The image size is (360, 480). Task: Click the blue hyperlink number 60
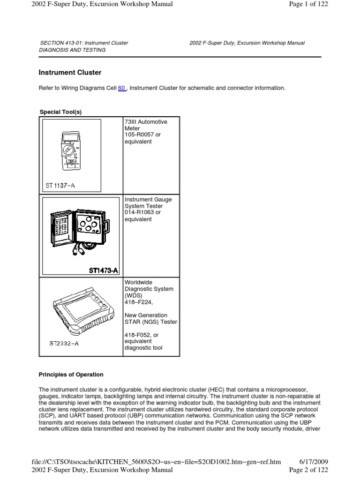tap(122, 88)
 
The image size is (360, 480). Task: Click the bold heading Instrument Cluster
tap(69, 73)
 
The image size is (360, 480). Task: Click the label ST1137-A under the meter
tap(60, 185)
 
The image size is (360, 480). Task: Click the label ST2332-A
tap(64, 344)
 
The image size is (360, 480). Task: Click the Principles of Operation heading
tap(70, 375)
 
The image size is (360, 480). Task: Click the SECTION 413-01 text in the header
tap(83, 43)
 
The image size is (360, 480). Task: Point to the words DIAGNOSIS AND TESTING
tap(72, 50)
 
